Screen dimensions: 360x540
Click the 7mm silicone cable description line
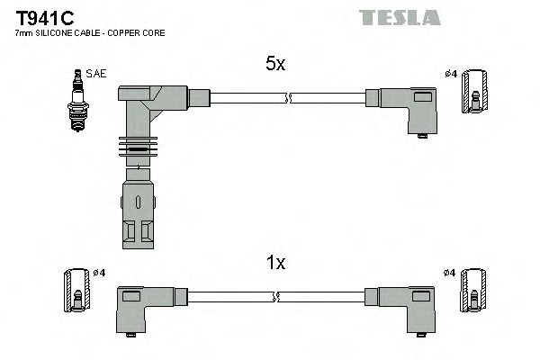click(x=90, y=33)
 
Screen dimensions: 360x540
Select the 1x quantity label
click(x=275, y=263)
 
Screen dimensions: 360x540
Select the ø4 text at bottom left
click(x=99, y=272)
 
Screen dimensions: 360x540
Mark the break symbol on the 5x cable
click(x=287, y=97)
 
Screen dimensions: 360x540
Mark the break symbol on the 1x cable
click(x=277, y=295)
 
